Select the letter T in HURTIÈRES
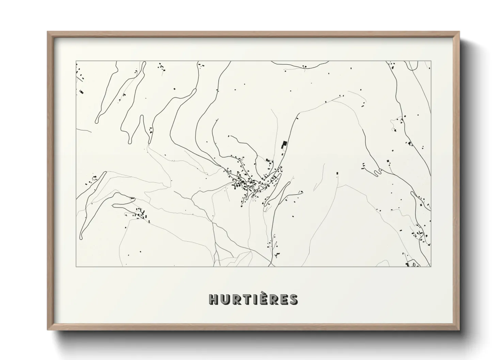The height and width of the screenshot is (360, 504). point(244,299)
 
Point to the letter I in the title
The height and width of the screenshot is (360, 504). point(252,299)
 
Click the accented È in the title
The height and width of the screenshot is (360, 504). point(261,299)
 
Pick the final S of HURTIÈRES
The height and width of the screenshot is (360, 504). point(293,299)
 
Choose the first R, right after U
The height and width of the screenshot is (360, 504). point(234,299)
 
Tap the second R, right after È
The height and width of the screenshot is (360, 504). point(271,299)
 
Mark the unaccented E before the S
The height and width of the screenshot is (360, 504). point(282,299)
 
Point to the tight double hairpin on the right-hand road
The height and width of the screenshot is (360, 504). point(377,173)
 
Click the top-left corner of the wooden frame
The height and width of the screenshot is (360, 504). point(48,32)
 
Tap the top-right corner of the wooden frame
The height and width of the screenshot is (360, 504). point(460,32)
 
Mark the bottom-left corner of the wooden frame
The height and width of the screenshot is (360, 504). point(48,330)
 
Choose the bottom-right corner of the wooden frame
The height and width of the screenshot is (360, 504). point(460,330)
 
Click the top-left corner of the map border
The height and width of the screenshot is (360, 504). point(76,61)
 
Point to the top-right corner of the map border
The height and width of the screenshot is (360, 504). point(431,61)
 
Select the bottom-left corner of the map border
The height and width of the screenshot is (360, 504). point(76,267)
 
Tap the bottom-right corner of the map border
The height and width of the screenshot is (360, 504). point(431,267)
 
